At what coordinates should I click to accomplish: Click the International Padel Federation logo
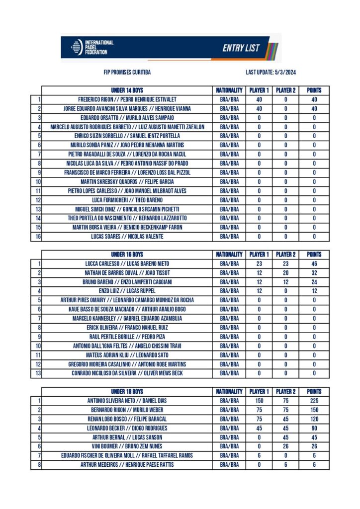(x=92, y=47)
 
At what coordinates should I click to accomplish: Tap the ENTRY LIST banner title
(x=241, y=48)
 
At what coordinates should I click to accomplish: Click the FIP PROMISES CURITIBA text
(x=127, y=73)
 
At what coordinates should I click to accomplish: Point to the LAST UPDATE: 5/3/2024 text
(x=271, y=73)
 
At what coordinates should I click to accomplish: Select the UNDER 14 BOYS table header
(x=127, y=90)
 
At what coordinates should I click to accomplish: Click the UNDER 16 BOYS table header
(x=127, y=254)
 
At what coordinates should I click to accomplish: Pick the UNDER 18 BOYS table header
(x=127, y=392)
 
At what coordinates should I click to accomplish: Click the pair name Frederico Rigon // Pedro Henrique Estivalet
(x=127, y=99)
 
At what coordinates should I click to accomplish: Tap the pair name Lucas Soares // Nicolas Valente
(x=127, y=237)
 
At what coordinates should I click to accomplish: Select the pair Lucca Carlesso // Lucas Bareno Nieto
(x=127, y=263)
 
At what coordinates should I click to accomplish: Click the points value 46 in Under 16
(x=314, y=263)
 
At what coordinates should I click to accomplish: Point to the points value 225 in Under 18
(x=314, y=401)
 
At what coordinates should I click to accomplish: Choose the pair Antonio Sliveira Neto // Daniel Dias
(x=127, y=401)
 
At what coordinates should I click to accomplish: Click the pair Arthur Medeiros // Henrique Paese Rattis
(x=127, y=465)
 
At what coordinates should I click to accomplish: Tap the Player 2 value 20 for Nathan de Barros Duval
(x=285, y=273)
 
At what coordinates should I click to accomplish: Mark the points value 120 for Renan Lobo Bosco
(x=314, y=419)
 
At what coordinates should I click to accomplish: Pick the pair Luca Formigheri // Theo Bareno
(x=127, y=200)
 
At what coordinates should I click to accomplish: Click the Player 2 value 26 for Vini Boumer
(x=285, y=446)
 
